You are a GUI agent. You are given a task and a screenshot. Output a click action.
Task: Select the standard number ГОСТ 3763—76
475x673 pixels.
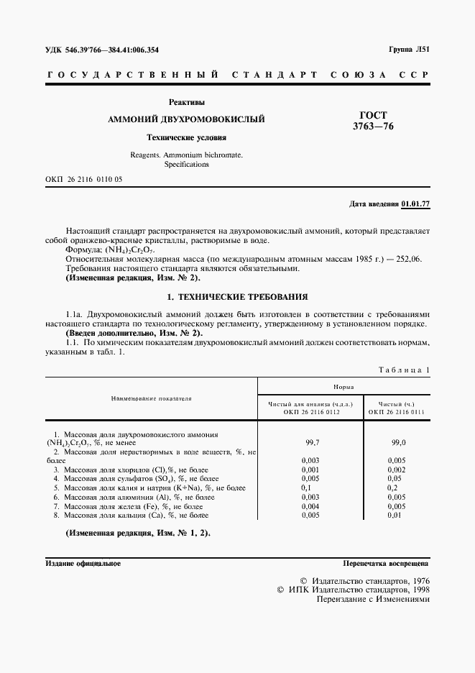pyautogui.click(x=373, y=121)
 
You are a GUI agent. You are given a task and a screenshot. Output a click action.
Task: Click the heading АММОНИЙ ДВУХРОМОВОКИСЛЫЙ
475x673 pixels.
pyautogui.click(x=186, y=119)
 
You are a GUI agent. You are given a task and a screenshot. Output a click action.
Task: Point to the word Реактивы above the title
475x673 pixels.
pyautogui.click(x=186, y=102)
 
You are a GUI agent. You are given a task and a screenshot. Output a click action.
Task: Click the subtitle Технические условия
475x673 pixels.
pyautogui.click(x=186, y=137)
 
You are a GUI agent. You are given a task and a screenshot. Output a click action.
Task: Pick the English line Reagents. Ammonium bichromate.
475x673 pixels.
pyautogui.click(x=186, y=155)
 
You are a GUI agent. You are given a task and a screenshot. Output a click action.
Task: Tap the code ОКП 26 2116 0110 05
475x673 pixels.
pyautogui.click(x=83, y=179)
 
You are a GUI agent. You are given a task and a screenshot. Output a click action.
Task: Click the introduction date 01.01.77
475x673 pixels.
pyautogui.click(x=415, y=204)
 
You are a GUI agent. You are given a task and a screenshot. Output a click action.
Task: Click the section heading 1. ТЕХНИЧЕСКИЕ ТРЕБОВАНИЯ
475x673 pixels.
pyautogui.click(x=237, y=296)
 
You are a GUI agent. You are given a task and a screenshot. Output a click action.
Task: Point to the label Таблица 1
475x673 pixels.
pyautogui.click(x=403, y=370)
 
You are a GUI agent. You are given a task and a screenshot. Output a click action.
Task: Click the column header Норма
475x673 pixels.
pyautogui.click(x=343, y=387)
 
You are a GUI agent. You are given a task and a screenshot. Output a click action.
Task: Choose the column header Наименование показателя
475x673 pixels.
pyautogui.click(x=151, y=398)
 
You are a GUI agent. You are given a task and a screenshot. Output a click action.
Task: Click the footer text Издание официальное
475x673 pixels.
pyautogui.click(x=83, y=564)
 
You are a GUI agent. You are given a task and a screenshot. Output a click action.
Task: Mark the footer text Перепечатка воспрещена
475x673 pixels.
pyautogui.click(x=386, y=564)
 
